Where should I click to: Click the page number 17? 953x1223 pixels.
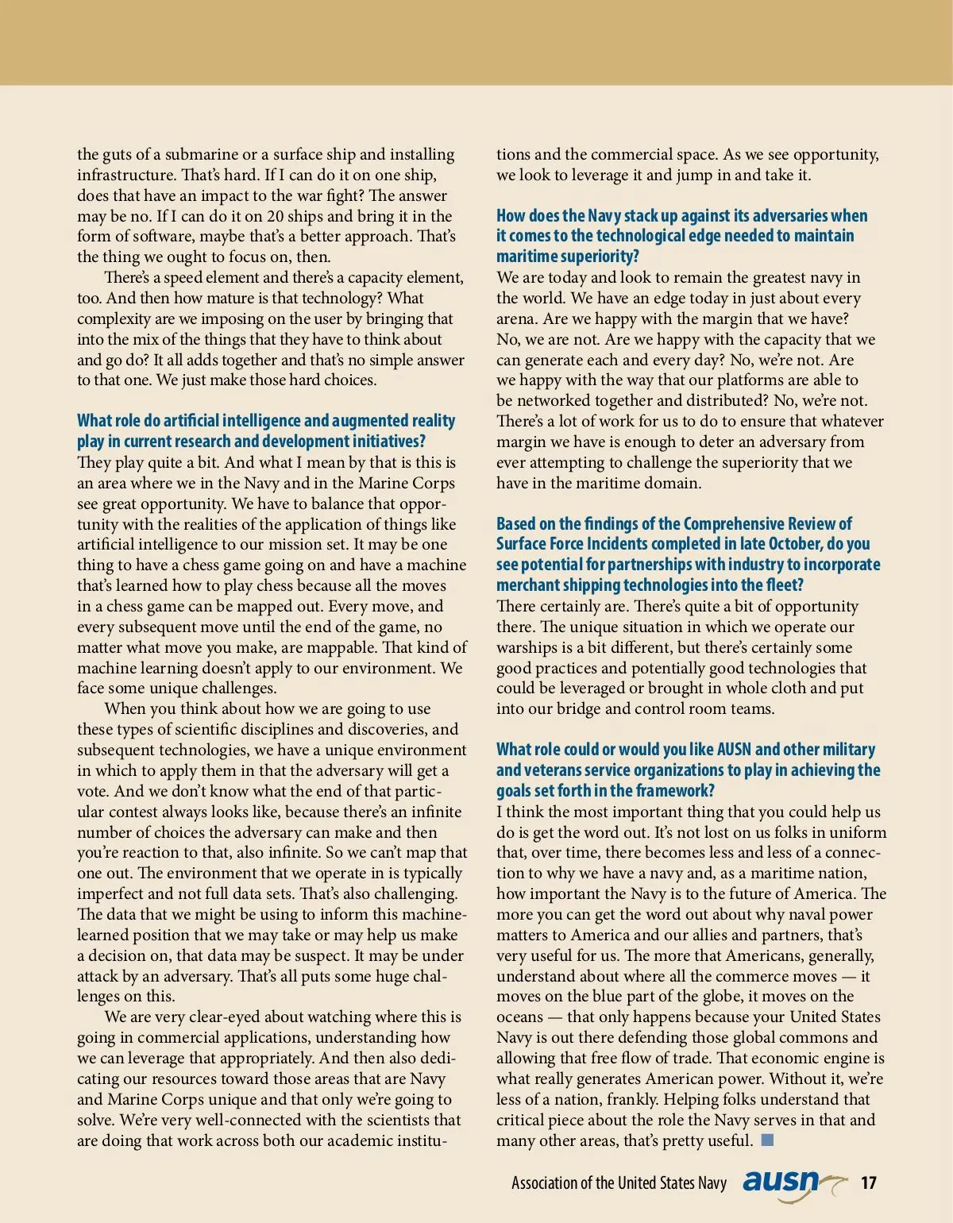(x=869, y=1182)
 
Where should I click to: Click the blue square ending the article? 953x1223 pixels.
(x=767, y=1140)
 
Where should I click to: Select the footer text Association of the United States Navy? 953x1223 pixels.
(x=619, y=1182)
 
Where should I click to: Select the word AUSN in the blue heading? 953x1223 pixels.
(x=734, y=750)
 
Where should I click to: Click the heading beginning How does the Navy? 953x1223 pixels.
(x=681, y=236)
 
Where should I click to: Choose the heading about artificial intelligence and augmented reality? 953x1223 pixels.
(x=266, y=430)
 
